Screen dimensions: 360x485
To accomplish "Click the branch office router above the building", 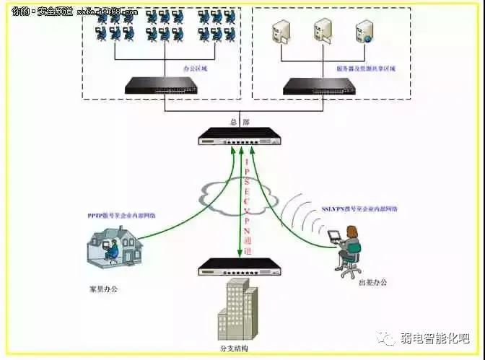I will tap(240, 266).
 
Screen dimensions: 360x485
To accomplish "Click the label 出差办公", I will tap(372, 282).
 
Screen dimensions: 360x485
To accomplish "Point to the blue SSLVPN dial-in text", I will tap(359, 208).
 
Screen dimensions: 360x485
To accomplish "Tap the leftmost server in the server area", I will tap(279, 33).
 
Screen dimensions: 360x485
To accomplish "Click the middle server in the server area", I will tap(322, 33).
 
